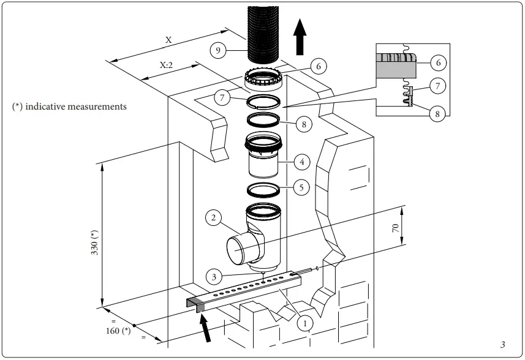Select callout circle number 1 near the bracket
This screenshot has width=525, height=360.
[x=303, y=321]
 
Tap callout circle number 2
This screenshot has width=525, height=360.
[x=213, y=217]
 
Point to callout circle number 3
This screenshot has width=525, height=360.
[x=213, y=277]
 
